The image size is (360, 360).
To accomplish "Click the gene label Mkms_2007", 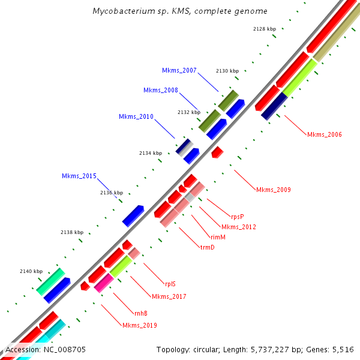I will (x=179, y=71).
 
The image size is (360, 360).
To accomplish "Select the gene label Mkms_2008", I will (x=160, y=90).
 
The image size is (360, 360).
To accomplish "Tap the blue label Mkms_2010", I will (x=136, y=116).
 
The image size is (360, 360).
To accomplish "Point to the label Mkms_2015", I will (x=79, y=176).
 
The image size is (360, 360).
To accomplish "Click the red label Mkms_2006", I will (x=324, y=134).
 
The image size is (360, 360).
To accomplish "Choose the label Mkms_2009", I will (x=273, y=190).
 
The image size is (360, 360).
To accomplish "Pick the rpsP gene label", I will (x=238, y=216).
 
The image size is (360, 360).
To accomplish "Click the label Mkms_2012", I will (x=238, y=227).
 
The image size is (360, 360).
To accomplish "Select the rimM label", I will (x=218, y=237).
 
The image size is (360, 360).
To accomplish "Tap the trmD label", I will (x=207, y=247).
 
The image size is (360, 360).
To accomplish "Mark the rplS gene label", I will (x=170, y=284).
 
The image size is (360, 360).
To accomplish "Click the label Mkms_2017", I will (x=169, y=296).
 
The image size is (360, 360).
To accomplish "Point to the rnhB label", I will (x=141, y=313).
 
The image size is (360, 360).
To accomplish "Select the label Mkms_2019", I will (x=139, y=325).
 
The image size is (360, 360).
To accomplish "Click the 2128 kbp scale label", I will (x=265, y=28).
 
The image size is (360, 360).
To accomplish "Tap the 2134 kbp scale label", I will (x=151, y=153).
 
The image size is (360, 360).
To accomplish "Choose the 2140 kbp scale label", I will (x=31, y=271).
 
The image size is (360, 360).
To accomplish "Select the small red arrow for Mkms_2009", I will (x=217, y=152).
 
